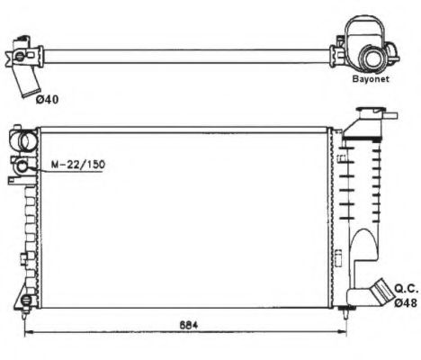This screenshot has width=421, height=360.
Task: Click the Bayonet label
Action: pos(371,79)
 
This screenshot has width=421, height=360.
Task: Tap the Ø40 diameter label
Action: pos(47,99)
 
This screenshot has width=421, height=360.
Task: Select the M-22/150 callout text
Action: pos(78,165)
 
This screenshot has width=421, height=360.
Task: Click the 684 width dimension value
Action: pos(189,325)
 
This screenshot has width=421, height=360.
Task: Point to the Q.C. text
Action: pos(406,289)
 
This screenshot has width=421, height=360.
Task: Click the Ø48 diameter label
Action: pos(406,303)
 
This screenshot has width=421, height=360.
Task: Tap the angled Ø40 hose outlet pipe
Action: pos(29,81)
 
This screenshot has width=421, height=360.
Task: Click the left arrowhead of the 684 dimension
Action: pos(28,332)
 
